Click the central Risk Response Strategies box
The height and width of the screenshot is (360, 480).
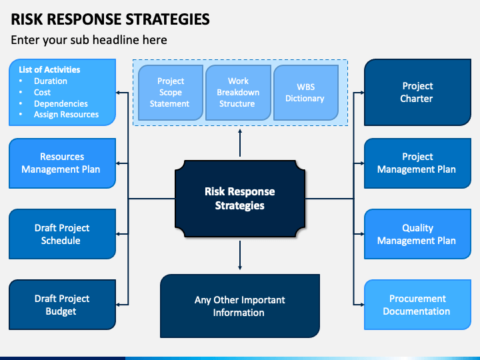(x=240, y=199)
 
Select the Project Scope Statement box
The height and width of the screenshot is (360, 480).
(x=171, y=93)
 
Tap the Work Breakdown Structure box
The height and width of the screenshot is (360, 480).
(x=238, y=93)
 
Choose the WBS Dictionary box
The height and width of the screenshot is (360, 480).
(x=306, y=93)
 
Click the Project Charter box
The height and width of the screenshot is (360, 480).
(x=417, y=92)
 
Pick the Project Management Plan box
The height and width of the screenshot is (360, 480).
(x=417, y=163)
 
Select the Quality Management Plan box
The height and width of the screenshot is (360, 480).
(x=417, y=234)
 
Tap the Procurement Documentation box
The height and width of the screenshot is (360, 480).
(x=417, y=305)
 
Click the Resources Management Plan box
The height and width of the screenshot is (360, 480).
(x=62, y=163)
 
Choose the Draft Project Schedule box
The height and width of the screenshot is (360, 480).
(x=62, y=234)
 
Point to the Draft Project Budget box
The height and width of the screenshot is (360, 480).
(x=62, y=305)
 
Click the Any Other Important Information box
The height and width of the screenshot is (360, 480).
(x=240, y=306)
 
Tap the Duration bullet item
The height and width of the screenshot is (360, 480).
(x=51, y=81)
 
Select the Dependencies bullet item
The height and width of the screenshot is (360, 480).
(x=61, y=104)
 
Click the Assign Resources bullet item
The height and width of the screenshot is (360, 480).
(x=67, y=115)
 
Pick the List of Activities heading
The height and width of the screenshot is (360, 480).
(x=49, y=69)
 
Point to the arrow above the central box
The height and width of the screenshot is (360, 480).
(x=240, y=143)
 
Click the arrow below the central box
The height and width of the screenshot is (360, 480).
(x=240, y=255)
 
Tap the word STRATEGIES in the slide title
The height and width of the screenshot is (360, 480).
(x=168, y=19)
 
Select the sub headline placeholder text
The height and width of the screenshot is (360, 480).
(x=89, y=40)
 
